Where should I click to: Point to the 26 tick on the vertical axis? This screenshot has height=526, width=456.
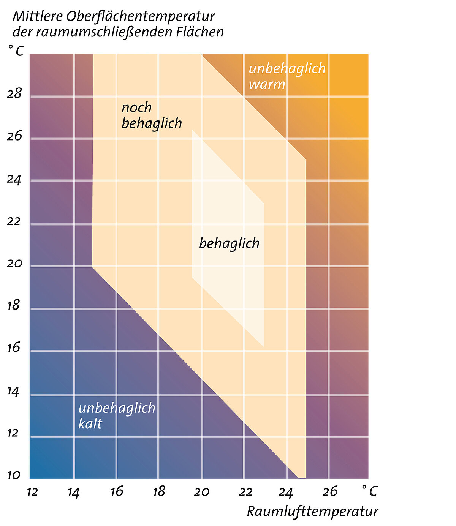(14, 136)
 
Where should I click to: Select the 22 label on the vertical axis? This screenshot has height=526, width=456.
(14, 221)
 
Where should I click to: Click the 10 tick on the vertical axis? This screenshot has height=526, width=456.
(14, 475)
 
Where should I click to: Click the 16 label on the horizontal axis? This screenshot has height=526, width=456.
(117, 492)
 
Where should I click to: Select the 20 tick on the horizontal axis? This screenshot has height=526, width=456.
(202, 492)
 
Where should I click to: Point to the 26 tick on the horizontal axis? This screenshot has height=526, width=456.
(330, 492)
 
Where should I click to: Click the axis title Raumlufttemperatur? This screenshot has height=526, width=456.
(312, 512)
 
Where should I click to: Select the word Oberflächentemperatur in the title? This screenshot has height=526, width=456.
(140, 16)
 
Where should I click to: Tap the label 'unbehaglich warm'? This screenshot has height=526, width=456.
(287, 76)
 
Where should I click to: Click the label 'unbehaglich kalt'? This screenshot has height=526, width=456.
(117, 415)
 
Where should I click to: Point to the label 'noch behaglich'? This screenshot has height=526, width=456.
(151, 115)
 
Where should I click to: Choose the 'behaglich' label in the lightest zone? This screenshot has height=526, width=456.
(229, 243)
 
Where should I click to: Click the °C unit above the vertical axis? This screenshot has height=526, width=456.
(16, 51)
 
